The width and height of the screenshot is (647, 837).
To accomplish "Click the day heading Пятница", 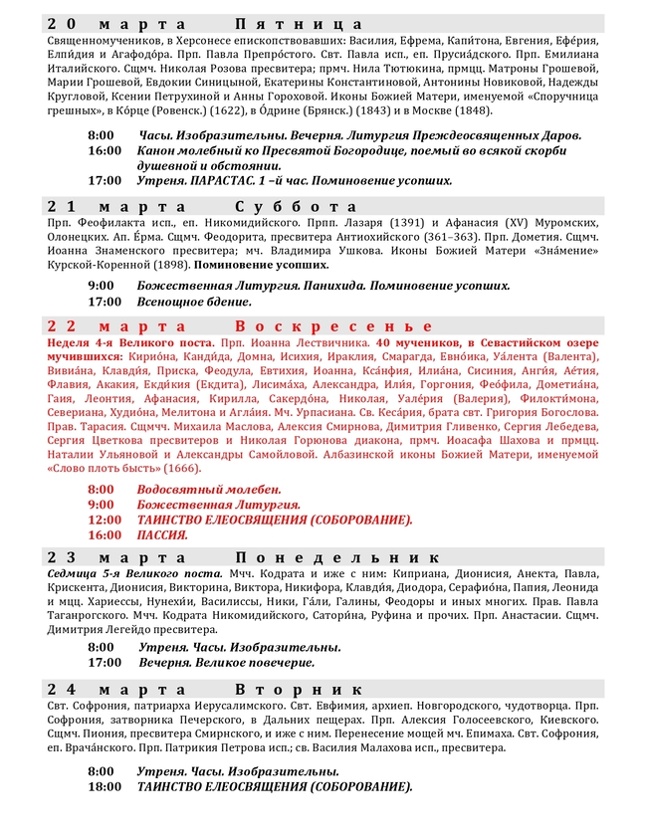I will coord(300,23).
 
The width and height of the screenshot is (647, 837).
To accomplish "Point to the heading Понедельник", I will coord(338,557).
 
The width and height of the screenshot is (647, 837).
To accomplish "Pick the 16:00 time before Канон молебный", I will coord(104,149).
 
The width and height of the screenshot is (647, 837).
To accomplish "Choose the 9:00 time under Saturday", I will coord(101,285).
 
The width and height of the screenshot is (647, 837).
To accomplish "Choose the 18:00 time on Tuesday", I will coord(104,786).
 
